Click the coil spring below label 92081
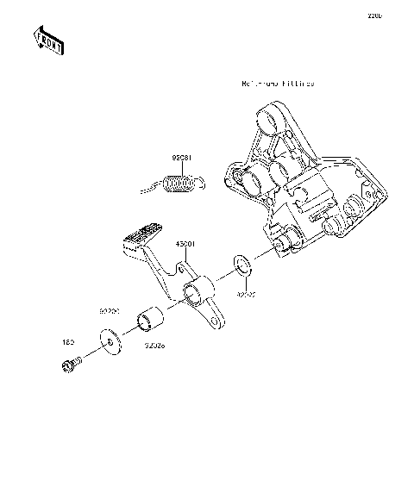pos(179,184)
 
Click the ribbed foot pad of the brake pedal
pos(141,234)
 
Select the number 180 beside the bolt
pos(66,343)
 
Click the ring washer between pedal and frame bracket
pos(243,264)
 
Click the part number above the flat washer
pos(109,308)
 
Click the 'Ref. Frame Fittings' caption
pos(278,84)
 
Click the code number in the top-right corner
pos(375,15)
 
